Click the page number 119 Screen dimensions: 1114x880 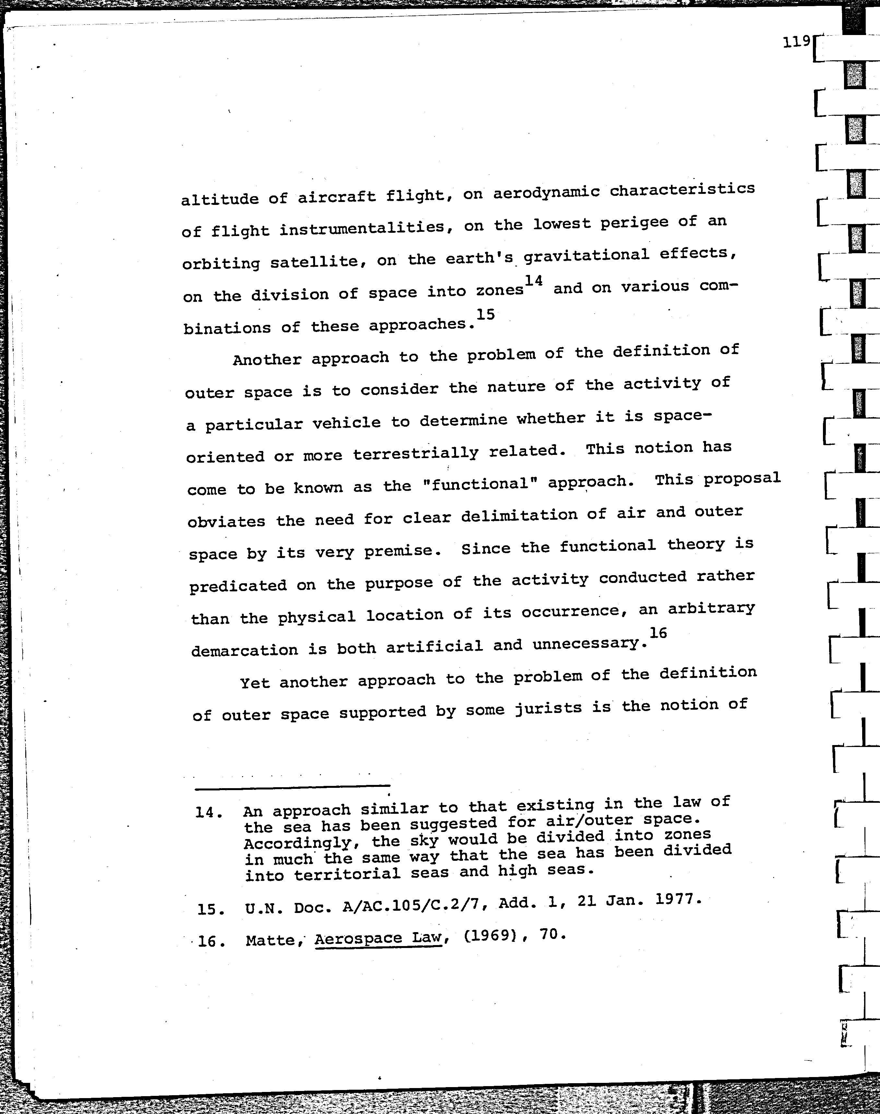tap(796, 42)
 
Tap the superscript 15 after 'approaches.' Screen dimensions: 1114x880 tap(485, 314)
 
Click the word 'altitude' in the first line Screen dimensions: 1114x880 tap(219, 198)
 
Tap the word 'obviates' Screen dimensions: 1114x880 tap(227, 521)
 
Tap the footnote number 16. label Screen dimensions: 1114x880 tap(212, 942)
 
